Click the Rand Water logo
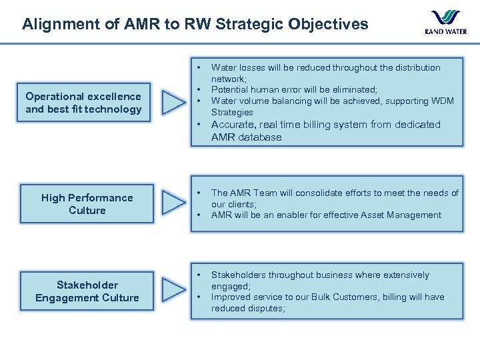445,21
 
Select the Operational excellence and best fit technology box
83,103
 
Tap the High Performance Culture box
87,204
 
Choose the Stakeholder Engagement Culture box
87,291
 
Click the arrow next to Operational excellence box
175,103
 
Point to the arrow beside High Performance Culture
175,204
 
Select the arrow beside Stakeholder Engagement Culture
175,291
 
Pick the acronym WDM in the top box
441,101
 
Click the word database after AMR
260,137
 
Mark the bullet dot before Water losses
199,68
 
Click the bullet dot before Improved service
199,297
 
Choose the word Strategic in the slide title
252,25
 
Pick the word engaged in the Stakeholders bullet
230,285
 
